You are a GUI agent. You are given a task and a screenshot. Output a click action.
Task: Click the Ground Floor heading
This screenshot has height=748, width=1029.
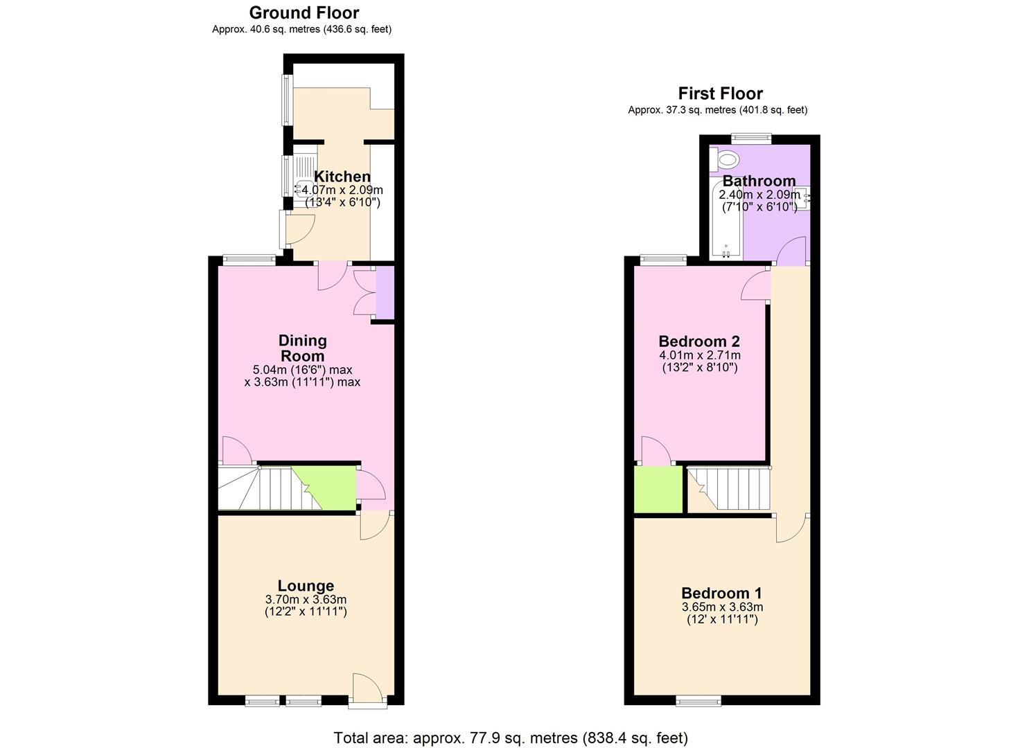coord(304,13)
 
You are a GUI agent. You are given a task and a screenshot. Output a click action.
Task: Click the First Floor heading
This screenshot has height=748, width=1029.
coord(720,93)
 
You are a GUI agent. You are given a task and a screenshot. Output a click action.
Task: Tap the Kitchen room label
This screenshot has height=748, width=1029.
coord(342,177)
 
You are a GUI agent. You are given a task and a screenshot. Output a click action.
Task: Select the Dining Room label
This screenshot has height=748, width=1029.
coord(302,348)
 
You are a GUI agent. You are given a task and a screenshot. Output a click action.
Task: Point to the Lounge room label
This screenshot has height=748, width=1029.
coord(306,586)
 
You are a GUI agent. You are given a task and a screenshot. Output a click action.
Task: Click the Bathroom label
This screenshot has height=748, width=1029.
coord(759,181)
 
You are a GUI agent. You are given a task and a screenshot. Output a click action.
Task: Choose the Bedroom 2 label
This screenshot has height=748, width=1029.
coord(698,341)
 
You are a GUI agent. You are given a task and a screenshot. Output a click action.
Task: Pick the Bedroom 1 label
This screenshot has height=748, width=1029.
coord(721,593)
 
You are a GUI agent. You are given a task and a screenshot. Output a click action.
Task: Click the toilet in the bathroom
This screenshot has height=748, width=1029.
coord(725,160)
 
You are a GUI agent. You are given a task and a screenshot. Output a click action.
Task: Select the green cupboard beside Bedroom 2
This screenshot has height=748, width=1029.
coord(658,490)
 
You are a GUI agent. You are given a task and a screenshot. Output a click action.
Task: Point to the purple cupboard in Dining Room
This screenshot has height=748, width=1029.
coord(385,294)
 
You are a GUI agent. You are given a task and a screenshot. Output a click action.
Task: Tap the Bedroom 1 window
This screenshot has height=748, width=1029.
coord(698,701)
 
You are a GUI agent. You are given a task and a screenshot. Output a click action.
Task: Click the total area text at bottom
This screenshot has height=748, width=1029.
coord(511,738)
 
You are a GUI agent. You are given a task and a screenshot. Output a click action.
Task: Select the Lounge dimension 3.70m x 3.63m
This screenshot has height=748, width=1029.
coord(306,600)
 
